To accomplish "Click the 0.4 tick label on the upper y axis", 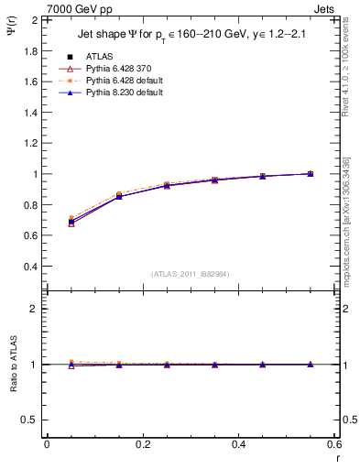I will pos(30,267).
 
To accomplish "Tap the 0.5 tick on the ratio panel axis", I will pos(30,420).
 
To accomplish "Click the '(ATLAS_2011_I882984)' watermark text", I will pos(190,274).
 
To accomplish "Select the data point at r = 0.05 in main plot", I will pos(71,222).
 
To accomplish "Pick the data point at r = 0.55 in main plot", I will pos(311,173).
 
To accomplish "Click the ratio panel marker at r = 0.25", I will pos(167,365).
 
